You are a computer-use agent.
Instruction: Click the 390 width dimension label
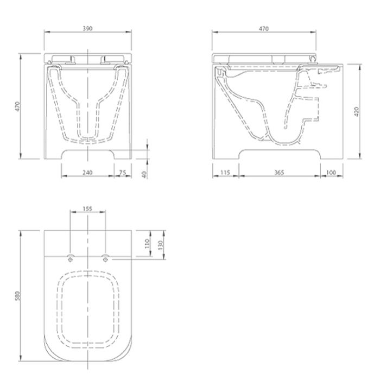[x=87, y=28]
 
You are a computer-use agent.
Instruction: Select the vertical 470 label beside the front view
[x=17, y=106]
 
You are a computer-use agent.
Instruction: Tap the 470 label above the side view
[x=264, y=29]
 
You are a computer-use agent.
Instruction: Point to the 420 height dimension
[x=357, y=111]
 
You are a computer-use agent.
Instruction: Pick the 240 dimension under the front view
[x=87, y=173]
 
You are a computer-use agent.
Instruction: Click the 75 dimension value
[x=123, y=173]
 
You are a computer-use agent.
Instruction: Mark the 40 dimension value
[x=144, y=174]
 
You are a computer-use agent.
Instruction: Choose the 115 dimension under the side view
[x=225, y=173]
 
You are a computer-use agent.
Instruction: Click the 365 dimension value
[x=279, y=173]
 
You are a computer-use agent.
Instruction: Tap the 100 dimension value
[x=331, y=173]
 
